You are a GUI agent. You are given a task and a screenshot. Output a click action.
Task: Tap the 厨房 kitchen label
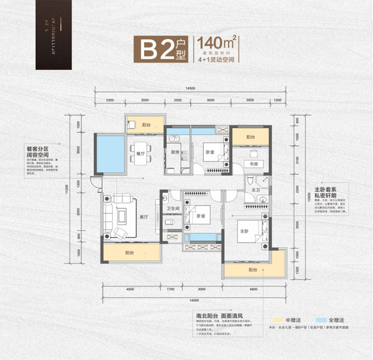click(175, 152)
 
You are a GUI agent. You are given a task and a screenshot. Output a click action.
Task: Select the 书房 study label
click(253, 164)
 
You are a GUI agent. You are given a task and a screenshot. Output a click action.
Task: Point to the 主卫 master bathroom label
click(256, 190)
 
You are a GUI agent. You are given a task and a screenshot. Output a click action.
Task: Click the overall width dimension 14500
click(189, 88)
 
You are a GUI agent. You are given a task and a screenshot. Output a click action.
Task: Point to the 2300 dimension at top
click(110, 100)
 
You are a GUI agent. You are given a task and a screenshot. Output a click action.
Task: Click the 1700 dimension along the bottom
click(171, 290)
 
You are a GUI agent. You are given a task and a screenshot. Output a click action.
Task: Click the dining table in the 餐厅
click(138, 158)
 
